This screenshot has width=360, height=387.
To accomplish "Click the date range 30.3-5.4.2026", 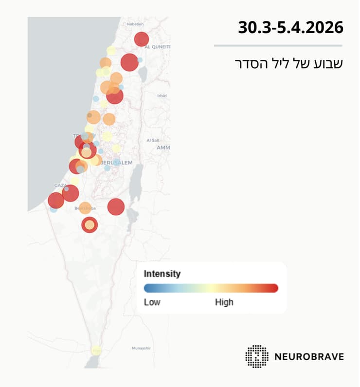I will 290,27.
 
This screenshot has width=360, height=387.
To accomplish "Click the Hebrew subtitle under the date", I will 288,63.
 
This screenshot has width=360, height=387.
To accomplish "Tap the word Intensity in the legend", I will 162,274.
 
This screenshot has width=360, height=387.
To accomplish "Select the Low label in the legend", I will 152,302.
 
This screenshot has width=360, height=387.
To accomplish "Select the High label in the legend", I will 224,302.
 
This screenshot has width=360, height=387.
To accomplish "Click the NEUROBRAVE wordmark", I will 308,356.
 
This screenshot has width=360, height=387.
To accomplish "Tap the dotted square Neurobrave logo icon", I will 256,356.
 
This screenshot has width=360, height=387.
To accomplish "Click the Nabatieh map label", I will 135,23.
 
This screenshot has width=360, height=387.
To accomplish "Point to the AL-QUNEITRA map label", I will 157,47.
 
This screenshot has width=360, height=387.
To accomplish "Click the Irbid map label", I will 162,96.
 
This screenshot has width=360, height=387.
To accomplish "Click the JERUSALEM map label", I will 117,163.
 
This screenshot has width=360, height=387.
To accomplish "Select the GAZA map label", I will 60,185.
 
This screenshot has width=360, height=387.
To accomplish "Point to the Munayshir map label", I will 142,349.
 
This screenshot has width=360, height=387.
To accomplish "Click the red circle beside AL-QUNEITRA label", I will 141,39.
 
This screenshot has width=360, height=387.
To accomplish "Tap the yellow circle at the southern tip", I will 96,350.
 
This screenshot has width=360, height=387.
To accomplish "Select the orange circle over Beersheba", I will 85,208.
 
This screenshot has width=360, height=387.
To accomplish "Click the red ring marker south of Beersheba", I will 90,225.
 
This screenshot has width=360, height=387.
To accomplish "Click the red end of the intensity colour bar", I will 273,288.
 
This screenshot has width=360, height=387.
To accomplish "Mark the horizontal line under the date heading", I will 278,46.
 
